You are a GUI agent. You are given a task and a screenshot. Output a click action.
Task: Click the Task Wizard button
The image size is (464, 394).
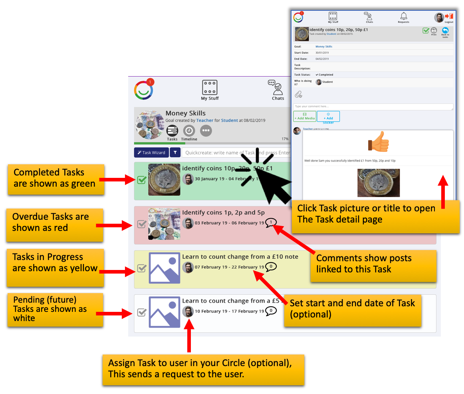click(x=151, y=153)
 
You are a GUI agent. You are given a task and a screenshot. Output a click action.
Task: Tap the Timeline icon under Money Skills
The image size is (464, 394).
click(x=189, y=131)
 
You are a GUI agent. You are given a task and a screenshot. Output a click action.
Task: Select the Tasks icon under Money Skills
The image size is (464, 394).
click(x=172, y=131)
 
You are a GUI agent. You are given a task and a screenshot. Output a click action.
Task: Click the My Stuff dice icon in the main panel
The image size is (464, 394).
click(x=210, y=87)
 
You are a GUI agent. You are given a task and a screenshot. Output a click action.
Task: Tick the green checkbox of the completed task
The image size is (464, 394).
click(x=141, y=180)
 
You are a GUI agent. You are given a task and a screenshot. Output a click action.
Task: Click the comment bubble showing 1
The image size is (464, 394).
click(x=271, y=223)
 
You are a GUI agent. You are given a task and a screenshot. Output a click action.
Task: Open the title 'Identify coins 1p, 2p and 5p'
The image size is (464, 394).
click(x=223, y=213)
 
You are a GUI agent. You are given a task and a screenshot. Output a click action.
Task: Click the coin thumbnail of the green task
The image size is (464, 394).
click(x=164, y=179)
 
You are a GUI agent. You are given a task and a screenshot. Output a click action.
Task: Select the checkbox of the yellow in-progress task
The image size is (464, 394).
click(x=141, y=268)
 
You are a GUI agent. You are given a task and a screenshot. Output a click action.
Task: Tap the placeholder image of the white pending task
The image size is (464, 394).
click(x=164, y=312)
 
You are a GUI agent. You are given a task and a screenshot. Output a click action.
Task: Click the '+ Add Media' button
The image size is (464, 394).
click(x=305, y=116)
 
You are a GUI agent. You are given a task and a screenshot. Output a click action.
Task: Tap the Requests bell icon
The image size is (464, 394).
click(x=403, y=16)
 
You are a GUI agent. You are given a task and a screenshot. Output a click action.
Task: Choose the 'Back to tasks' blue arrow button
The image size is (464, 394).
click(x=445, y=31)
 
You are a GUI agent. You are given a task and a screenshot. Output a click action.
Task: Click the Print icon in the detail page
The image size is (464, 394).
click(x=434, y=31)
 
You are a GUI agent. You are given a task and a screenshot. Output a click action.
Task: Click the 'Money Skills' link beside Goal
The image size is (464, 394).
click(x=324, y=47)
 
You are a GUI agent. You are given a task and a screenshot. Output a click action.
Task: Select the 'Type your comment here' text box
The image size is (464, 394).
click(x=373, y=107)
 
